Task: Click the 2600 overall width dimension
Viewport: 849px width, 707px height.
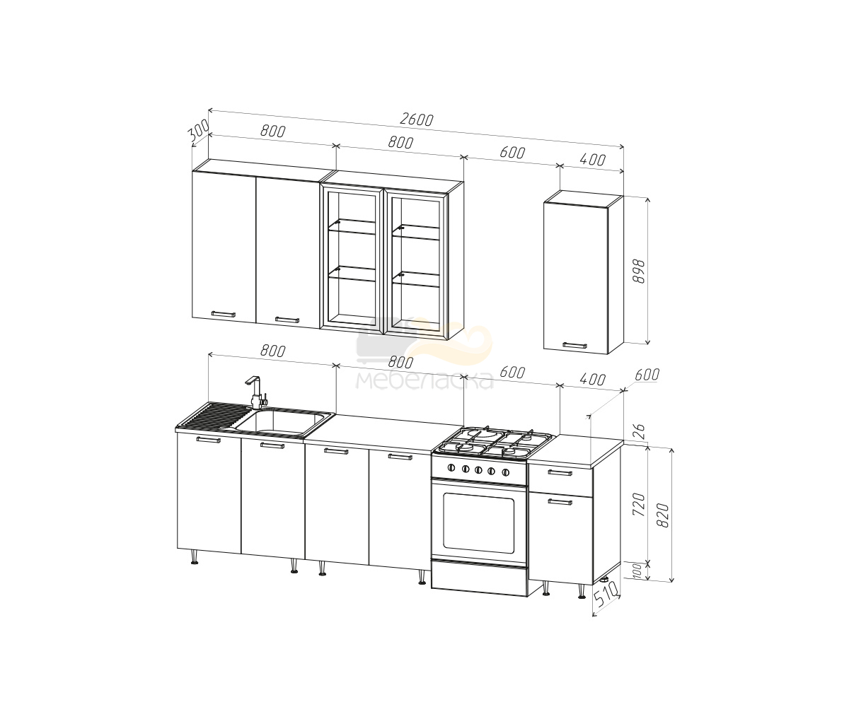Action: pyautogui.click(x=417, y=119)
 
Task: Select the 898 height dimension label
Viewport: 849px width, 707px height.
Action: pyautogui.click(x=639, y=271)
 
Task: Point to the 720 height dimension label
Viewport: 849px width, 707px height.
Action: pyautogui.click(x=639, y=504)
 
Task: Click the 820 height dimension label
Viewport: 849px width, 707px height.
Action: pyautogui.click(x=663, y=515)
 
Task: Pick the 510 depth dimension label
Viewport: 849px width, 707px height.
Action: pyautogui.click(x=606, y=593)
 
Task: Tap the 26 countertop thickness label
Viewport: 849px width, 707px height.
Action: pyautogui.click(x=639, y=431)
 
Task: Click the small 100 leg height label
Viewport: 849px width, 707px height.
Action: pyautogui.click(x=637, y=571)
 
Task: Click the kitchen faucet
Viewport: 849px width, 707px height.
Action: pyautogui.click(x=256, y=392)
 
